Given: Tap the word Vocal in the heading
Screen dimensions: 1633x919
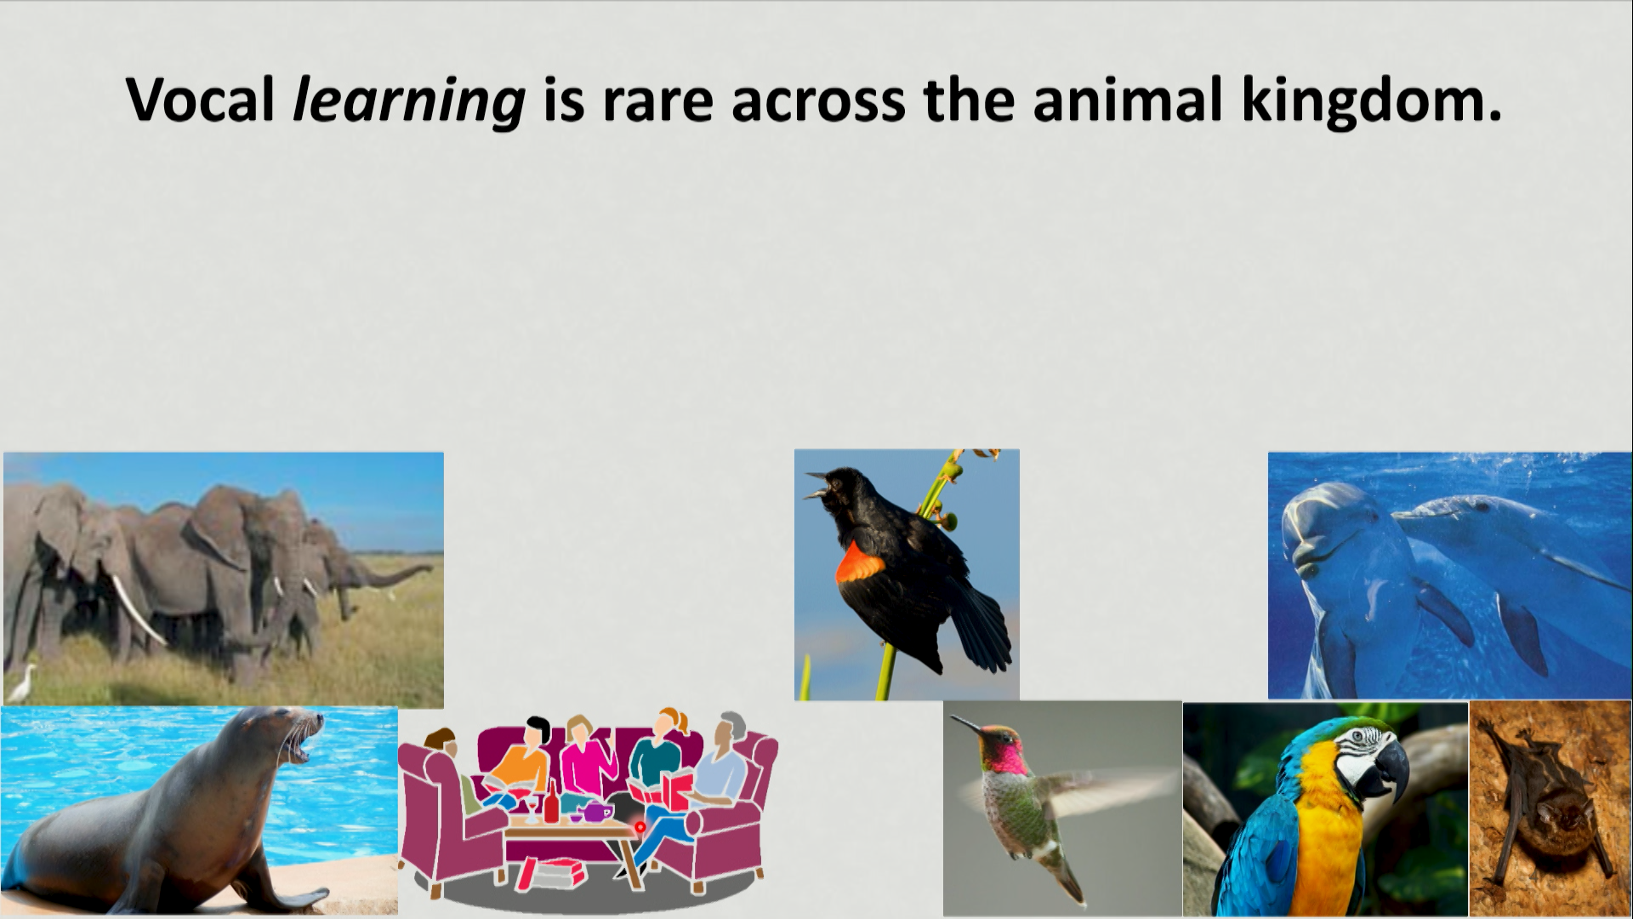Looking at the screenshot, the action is pyautogui.click(x=200, y=100).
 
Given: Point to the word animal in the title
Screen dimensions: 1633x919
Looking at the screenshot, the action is pyautogui.click(x=1129, y=100).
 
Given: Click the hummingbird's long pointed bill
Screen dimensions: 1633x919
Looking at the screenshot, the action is pyautogui.click(x=968, y=724).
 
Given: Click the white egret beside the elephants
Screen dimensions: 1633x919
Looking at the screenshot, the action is pyautogui.click(x=22, y=682).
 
